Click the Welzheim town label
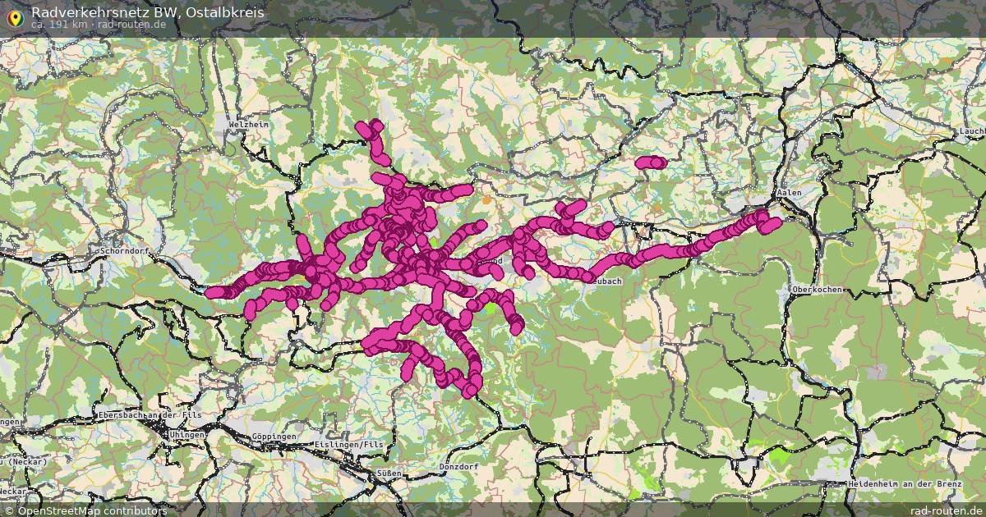(249, 124)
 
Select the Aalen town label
(789, 192)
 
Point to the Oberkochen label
(817, 290)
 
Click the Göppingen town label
(274, 436)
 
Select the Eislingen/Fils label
(349, 444)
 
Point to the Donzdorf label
(458, 465)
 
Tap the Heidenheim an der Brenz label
(906, 483)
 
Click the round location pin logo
(14, 17)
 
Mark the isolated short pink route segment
(650, 162)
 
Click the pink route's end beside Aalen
(772, 223)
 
